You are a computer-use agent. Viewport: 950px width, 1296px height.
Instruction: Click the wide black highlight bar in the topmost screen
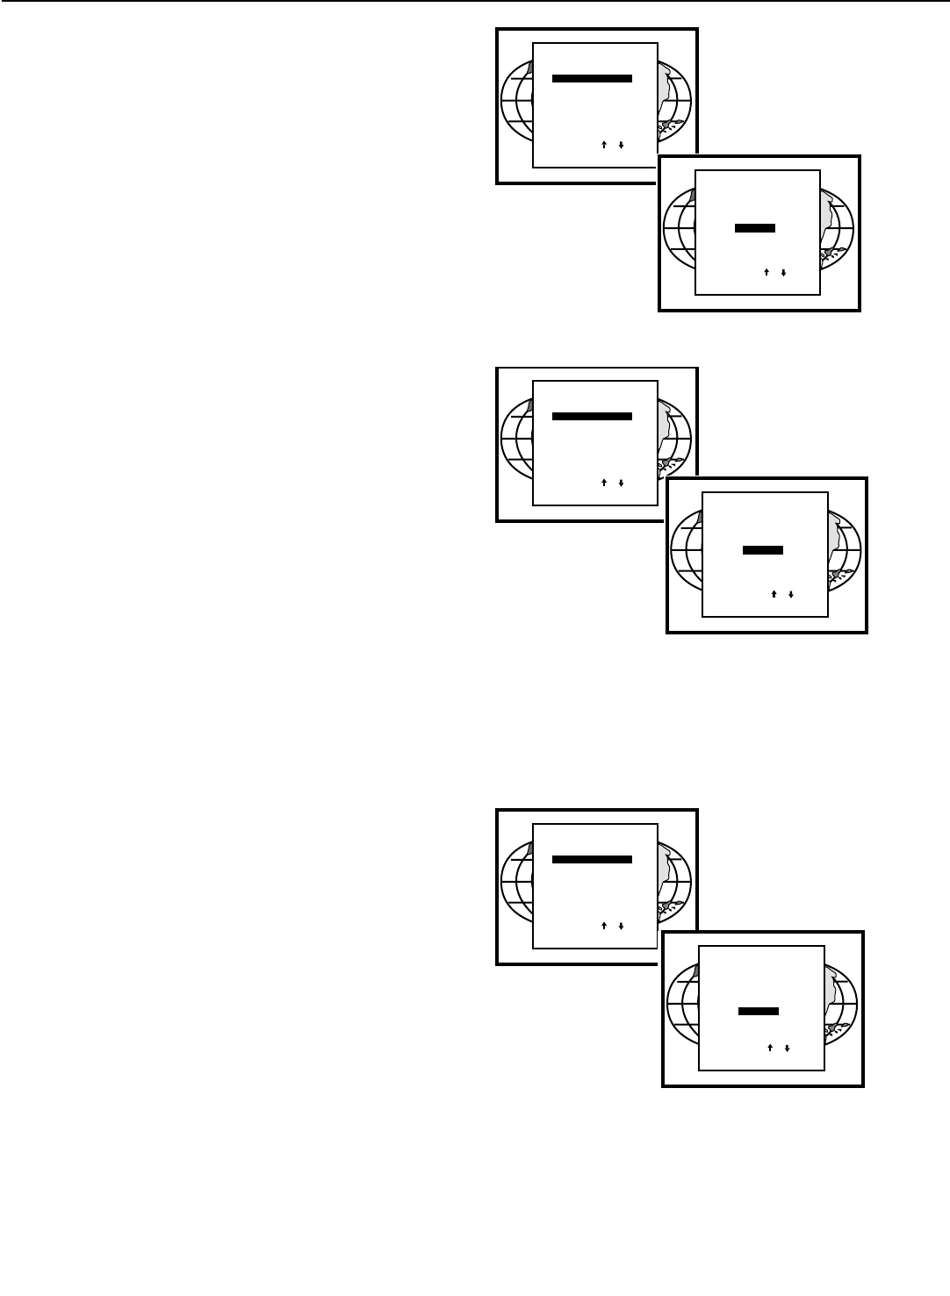click(x=592, y=79)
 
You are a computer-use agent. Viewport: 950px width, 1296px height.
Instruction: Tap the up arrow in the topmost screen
click(x=605, y=145)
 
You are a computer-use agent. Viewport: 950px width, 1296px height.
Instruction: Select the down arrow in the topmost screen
click(x=621, y=145)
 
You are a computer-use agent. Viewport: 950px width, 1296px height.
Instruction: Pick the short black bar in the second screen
click(x=754, y=228)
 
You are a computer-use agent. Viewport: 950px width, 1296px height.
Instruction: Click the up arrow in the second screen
click(x=766, y=272)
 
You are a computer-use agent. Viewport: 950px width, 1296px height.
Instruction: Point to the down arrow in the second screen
click(x=782, y=272)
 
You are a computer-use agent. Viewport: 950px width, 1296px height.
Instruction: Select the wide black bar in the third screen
click(x=592, y=417)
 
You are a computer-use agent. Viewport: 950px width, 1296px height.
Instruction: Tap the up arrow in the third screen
click(x=605, y=483)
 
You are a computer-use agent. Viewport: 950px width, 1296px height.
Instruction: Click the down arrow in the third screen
click(x=621, y=483)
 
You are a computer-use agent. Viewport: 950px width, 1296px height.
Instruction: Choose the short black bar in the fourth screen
click(x=763, y=550)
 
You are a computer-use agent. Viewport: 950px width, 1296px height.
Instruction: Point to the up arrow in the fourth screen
click(x=774, y=594)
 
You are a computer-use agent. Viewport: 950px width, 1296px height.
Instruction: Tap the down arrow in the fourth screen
click(x=790, y=594)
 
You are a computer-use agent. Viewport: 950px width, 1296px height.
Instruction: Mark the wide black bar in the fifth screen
click(x=592, y=860)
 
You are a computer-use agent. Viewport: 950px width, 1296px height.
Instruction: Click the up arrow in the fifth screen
click(x=605, y=926)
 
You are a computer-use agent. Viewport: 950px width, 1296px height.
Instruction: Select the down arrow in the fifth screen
click(x=621, y=926)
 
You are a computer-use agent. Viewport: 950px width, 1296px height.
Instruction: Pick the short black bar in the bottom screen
click(x=759, y=1011)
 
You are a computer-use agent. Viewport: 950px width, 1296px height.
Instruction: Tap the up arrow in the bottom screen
click(x=770, y=1047)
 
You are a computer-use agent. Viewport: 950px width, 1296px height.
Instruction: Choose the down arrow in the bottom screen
click(x=786, y=1047)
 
